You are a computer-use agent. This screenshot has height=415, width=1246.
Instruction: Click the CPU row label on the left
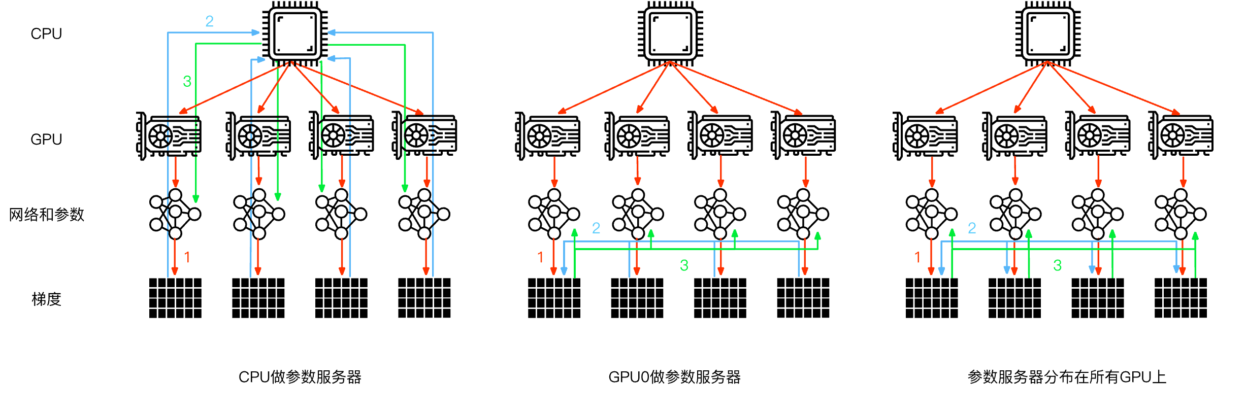coord(46,34)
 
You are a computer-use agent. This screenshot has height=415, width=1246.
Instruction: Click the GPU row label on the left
coord(46,140)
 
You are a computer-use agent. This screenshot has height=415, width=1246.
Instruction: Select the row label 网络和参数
coord(47,215)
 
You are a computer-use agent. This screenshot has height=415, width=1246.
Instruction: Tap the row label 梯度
coord(46,299)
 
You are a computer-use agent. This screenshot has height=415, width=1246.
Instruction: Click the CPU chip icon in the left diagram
coord(294,34)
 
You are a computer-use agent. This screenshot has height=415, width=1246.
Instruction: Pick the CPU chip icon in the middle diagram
coord(670,34)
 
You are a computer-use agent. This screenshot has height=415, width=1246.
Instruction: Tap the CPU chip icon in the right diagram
coord(1047,34)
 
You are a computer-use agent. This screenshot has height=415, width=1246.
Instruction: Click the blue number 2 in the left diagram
coord(209,21)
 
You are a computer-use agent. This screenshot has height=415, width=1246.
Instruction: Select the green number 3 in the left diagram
coord(187,81)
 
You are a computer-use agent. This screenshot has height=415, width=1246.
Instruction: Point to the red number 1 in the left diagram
coord(187,257)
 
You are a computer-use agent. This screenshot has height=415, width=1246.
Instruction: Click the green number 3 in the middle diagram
coord(684,265)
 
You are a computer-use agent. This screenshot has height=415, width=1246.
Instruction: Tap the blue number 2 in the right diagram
coord(972,228)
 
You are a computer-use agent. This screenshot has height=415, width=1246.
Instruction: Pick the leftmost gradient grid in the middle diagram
coord(554,298)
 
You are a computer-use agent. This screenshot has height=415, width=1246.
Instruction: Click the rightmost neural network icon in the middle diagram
coord(803,214)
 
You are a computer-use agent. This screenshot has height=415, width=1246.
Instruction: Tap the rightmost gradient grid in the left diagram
coord(424,298)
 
